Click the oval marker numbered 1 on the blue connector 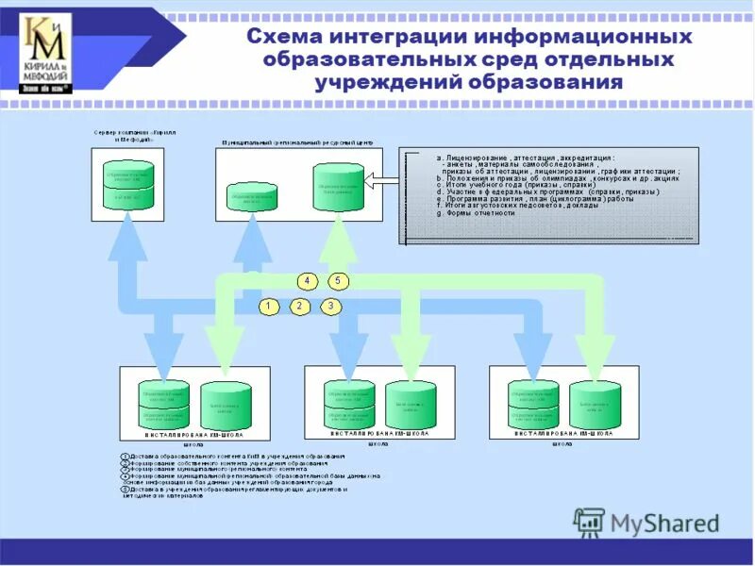pos(269,306)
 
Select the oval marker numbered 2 pos(299,306)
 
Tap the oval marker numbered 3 pos(330,306)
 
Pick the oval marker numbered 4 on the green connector pos(307,280)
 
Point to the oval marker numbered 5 pos(339,280)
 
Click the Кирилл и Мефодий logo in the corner pos(44,53)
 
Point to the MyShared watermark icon pos(590,522)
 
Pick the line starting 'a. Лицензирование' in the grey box pos(525,158)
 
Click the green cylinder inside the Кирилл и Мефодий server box pos(127,185)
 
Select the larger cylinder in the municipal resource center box pos(338,188)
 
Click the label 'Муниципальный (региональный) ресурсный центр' pos(297,141)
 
